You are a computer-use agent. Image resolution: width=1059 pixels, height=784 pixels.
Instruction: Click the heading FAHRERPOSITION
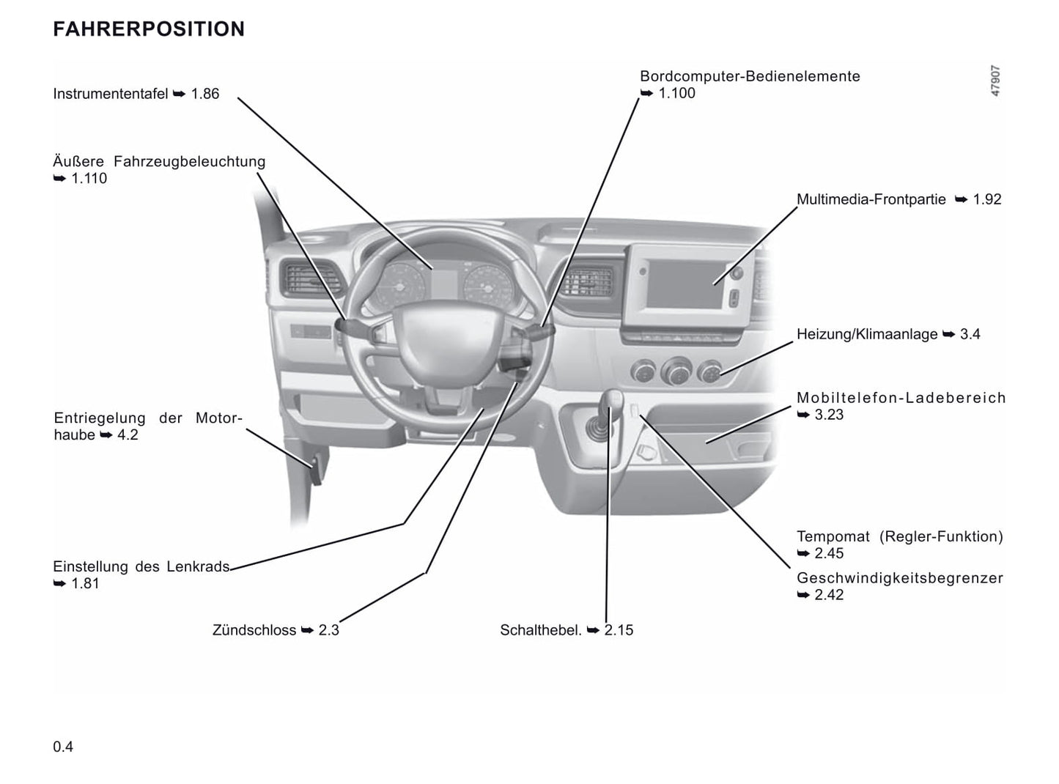coord(149,29)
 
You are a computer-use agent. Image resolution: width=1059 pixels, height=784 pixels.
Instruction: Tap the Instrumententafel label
coord(111,94)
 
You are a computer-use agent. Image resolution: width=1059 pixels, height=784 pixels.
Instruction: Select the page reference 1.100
coord(676,93)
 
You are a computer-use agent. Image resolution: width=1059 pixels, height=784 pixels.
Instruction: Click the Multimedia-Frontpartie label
coord(871,199)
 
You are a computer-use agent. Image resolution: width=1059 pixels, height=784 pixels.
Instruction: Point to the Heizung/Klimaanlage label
coord(867,334)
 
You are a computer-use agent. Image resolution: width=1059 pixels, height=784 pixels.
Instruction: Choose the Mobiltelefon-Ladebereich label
coord(901,398)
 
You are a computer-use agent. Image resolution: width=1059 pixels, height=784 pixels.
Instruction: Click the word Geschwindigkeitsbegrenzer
coord(899,578)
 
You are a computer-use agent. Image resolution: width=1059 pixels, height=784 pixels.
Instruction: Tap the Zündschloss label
coord(254,630)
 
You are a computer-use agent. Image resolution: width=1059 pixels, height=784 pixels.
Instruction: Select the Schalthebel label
coord(541,630)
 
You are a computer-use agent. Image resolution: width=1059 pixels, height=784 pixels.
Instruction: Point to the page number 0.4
coord(63,747)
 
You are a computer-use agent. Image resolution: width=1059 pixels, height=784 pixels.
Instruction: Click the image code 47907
coord(995,81)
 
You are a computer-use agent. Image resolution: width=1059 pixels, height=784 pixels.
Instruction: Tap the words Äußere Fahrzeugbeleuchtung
coord(159,161)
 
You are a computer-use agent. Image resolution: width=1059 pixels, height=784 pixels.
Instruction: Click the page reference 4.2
coord(128,435)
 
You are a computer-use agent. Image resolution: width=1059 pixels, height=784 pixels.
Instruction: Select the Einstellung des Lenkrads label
coord(141,566)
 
